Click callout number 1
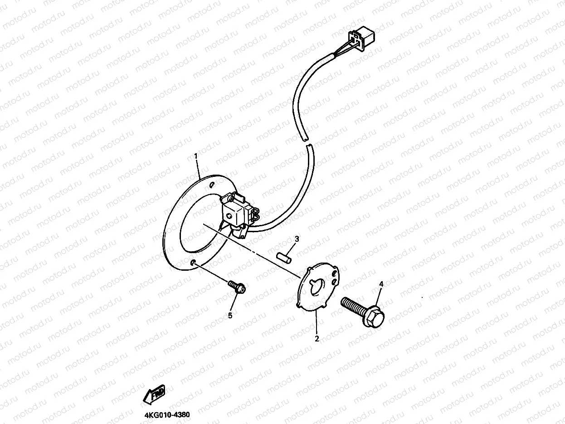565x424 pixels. [196, 156]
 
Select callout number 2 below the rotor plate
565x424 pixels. [317, 338]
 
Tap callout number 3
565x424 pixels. [297, 239]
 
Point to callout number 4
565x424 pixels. [381, 284]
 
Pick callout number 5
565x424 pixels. [230, 315]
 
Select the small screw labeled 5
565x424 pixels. [237, 286]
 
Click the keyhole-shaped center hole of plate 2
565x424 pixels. [316, 286]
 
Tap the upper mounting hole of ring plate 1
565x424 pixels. [212, 185]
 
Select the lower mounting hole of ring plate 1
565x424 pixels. [194, 263]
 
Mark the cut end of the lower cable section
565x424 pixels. [309, 146]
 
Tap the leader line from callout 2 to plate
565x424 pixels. [316, 323]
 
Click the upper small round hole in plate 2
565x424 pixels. [335, 274]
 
